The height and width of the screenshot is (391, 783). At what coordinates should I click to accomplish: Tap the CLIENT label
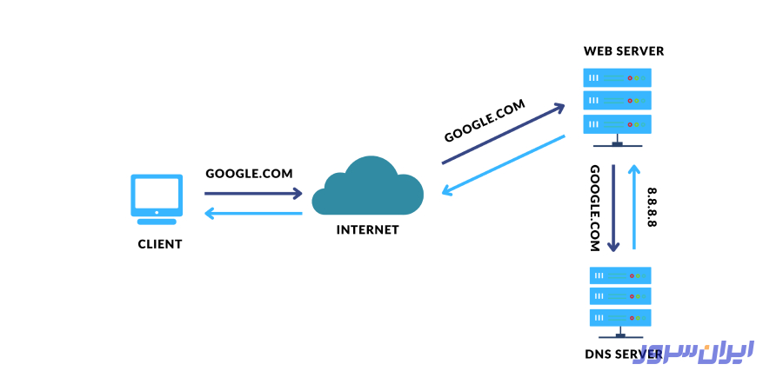160,244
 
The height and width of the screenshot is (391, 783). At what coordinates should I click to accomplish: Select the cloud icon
367,187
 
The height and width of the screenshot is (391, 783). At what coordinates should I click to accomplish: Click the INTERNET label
367,230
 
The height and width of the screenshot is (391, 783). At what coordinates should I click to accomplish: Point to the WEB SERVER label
623,51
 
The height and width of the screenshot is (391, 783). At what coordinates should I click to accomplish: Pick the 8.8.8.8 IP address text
652,207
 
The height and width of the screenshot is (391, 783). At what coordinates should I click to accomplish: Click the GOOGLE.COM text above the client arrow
249,173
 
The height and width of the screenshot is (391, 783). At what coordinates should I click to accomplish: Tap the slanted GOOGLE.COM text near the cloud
485,121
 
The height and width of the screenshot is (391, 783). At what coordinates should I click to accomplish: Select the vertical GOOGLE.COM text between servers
595,209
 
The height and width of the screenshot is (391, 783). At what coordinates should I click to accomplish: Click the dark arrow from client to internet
253,194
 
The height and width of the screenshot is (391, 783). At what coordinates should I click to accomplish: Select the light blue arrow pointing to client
253,213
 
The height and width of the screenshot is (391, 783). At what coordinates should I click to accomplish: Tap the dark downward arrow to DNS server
615,209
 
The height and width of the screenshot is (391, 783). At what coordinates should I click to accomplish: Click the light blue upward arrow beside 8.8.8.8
635,207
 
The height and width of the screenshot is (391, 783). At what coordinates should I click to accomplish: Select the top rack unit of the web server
618,78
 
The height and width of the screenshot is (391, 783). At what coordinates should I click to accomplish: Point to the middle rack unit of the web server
618,101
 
